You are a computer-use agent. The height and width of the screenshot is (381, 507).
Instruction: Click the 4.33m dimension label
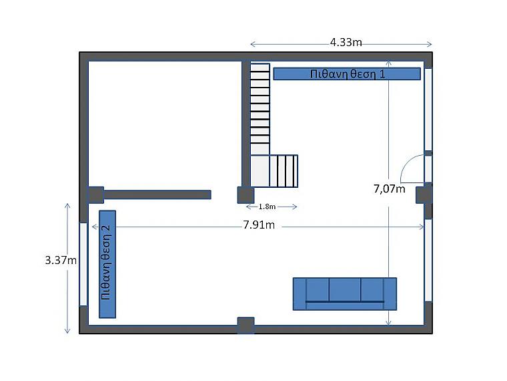tap(346, 42)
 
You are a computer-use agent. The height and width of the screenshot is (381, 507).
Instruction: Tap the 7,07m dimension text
tap(390, 188)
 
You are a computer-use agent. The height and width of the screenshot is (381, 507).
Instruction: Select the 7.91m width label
tap(259, 225)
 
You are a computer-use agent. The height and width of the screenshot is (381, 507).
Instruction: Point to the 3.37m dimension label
tap(61, 260)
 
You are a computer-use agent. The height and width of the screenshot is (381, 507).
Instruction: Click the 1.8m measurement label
tap(267, 207)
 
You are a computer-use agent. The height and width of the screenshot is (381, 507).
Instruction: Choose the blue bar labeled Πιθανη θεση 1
tap(347, 74)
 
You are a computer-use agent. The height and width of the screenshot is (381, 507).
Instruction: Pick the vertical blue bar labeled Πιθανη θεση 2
tap(107, 264)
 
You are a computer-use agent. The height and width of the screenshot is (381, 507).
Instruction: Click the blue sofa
tap(345, 294)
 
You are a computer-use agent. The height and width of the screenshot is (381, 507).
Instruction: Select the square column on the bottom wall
tap(245, 325)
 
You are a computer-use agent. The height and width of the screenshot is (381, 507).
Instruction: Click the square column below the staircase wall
tap(245, 195)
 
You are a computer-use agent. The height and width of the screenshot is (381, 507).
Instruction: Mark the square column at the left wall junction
tap(95, 195)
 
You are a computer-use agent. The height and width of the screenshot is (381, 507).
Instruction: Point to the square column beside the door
tap(424, 195)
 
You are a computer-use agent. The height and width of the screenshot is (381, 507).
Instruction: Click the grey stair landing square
tap(260, 171)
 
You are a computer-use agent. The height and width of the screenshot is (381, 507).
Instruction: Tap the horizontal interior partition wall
tap(157, 195)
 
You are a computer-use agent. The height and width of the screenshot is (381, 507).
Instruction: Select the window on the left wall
tap(83, 264)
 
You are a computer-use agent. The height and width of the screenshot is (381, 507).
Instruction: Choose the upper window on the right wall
tap(428, 110)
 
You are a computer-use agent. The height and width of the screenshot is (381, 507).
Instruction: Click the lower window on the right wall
tap(428, 261)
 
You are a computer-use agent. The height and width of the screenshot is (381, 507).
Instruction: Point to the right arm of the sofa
tap(390, 294)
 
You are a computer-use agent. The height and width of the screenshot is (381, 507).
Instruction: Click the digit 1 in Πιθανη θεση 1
tap(382, 74)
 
